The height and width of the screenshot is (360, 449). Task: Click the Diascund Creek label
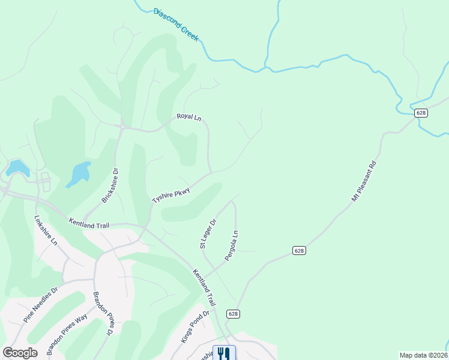[176, 25]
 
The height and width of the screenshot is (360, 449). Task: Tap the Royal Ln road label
[188, 116]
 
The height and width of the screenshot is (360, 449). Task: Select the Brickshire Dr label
[111, 185]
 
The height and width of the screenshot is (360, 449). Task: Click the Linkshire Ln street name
[46, 230]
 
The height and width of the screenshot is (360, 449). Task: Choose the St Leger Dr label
[208, 233]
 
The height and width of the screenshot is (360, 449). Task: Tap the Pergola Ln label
[232, 245]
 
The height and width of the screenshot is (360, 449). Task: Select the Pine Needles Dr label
[41, 304]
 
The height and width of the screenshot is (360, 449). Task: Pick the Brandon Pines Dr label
[103, 313]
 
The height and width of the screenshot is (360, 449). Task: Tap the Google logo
[20, 353]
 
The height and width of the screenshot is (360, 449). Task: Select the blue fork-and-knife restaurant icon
[224, 353]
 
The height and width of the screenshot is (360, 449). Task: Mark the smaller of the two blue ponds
[17, 167]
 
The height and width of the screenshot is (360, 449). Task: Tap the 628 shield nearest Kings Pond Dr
[234, 314]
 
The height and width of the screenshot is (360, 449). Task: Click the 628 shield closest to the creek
[421, 113]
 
